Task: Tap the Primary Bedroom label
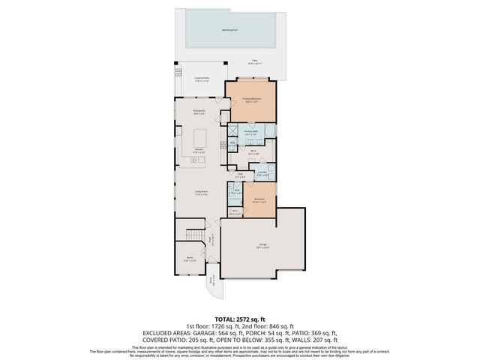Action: pos(251,99)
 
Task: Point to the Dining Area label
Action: pos(199,111)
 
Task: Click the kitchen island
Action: pos(200,138)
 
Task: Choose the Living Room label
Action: pos(201,193)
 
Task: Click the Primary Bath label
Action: pos(250,132)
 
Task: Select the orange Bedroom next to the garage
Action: pos(259,200)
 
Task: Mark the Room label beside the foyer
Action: pos(190,259)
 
